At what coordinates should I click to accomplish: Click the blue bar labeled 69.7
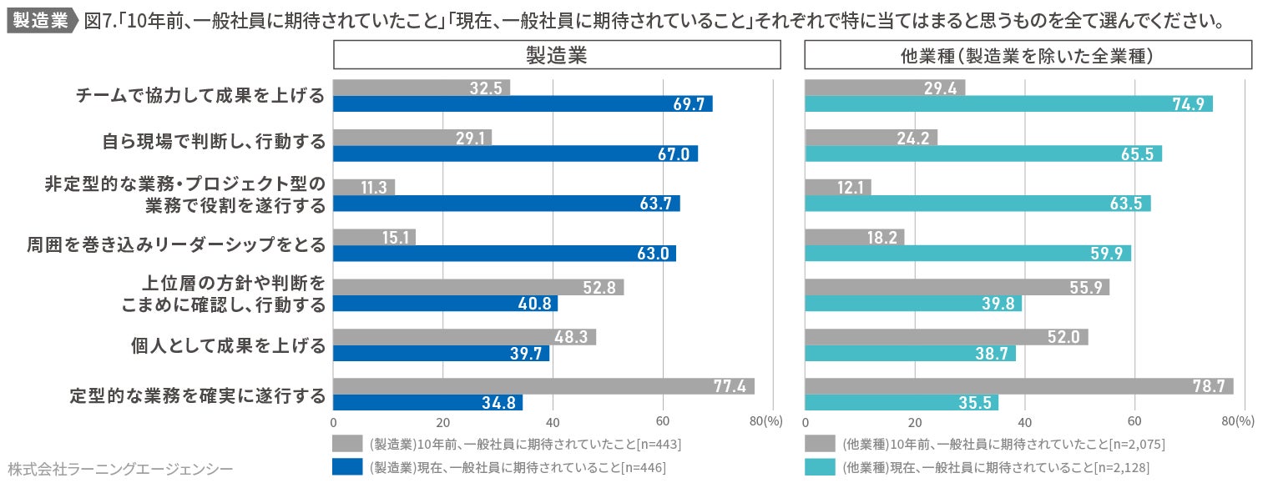click(523, 104)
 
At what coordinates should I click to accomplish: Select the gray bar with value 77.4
click(543, 386)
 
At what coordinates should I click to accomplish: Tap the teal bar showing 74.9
click(1008, 104)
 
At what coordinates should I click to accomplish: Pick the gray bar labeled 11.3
click(364, 187)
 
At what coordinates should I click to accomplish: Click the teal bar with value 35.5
click(902, 403)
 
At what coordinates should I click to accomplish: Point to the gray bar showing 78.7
click(1018, 386)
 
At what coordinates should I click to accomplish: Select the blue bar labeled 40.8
click(445, 304)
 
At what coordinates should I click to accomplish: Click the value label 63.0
click(653, 254)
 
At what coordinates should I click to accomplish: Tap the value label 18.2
click(881, 237)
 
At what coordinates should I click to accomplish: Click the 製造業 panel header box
click(557, 55)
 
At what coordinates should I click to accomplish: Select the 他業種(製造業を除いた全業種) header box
click(1028, 55)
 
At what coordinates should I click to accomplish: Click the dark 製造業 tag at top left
click(41, 21)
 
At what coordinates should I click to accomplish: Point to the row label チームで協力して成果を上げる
click(200, 96)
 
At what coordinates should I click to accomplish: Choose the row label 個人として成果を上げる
click(228, 345)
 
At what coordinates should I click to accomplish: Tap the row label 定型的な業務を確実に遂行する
click(197, 395)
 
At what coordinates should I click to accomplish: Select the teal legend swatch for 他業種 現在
click(820, 466)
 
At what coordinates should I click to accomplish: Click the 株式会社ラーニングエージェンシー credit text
click(120, 468)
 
